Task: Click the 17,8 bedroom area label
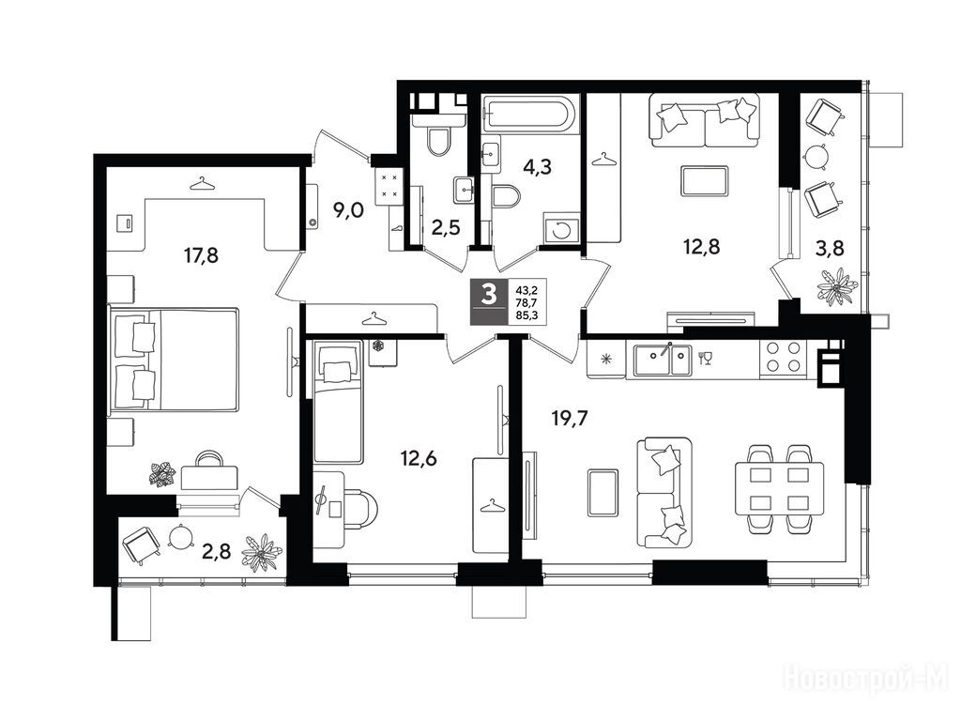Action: (201, 255)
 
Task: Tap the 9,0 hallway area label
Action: (348, 211)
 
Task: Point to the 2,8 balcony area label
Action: (217, 552)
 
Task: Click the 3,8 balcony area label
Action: (831, 248)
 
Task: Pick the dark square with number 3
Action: (489, 301)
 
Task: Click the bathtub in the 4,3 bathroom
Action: (529, 114)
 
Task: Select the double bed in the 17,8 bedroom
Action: (174, 360)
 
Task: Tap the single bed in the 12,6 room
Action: (337, 402)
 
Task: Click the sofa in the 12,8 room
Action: (705, 120)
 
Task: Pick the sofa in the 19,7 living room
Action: (664, 492)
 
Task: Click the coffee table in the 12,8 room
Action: (705, 181)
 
